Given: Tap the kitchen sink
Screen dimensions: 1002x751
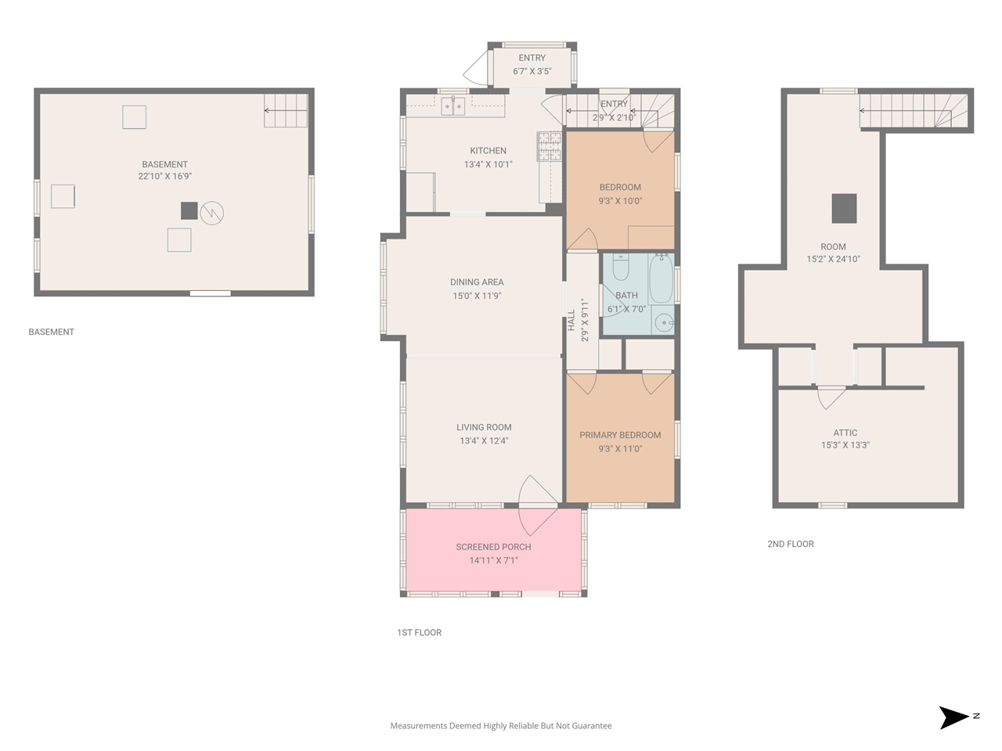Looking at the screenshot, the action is (452, 106).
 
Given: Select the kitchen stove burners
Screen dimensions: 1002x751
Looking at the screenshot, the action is (550, 146).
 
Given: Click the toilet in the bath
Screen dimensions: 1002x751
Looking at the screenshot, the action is (620, 268).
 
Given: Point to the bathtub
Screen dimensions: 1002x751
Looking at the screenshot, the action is (661, 278).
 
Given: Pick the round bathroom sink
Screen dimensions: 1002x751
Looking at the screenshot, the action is (663, 323).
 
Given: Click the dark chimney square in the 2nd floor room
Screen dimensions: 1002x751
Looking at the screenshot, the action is (844, 208).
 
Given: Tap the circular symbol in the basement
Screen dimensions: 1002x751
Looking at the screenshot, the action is (212, 213).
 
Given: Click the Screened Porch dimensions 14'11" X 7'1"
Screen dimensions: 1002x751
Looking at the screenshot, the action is (493, 560).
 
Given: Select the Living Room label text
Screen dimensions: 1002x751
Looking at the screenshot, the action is (484, 427).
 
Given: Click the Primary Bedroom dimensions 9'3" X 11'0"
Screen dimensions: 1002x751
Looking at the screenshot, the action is (620, 449).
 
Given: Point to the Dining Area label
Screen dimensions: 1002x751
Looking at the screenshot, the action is (477, 282).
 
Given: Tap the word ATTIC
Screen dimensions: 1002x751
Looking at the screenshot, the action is (845, 433).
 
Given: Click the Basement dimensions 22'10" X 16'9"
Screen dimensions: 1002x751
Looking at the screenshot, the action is (165, 177).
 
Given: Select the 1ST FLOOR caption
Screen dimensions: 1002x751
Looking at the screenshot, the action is (419, 632).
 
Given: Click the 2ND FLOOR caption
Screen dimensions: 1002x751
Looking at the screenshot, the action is (791, 544).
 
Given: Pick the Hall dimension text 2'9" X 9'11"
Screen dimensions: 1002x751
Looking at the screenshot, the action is (585, 320).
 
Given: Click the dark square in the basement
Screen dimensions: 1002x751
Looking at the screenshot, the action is (189, 210).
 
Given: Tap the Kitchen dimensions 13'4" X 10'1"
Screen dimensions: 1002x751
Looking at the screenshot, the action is (488, 164).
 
